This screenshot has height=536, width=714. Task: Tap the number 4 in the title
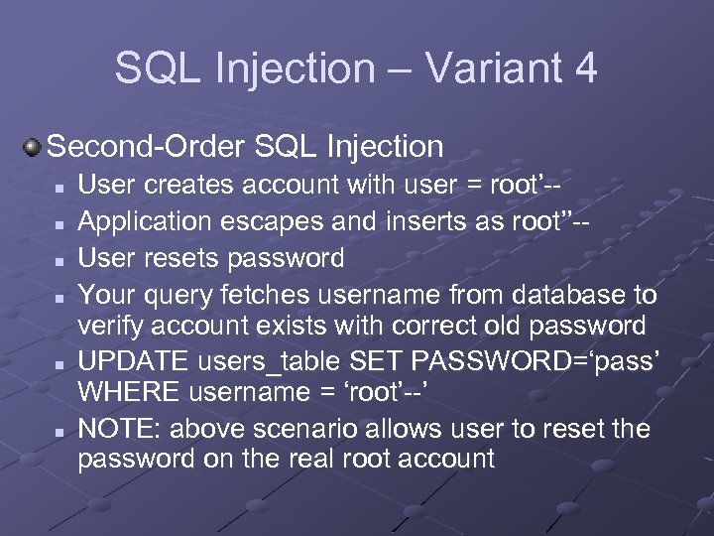click(585, 68)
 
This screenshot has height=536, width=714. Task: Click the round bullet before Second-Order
click(34, 148)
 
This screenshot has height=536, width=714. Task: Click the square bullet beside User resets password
click(60, 260)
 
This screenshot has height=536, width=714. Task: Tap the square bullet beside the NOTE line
click(60, 432)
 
